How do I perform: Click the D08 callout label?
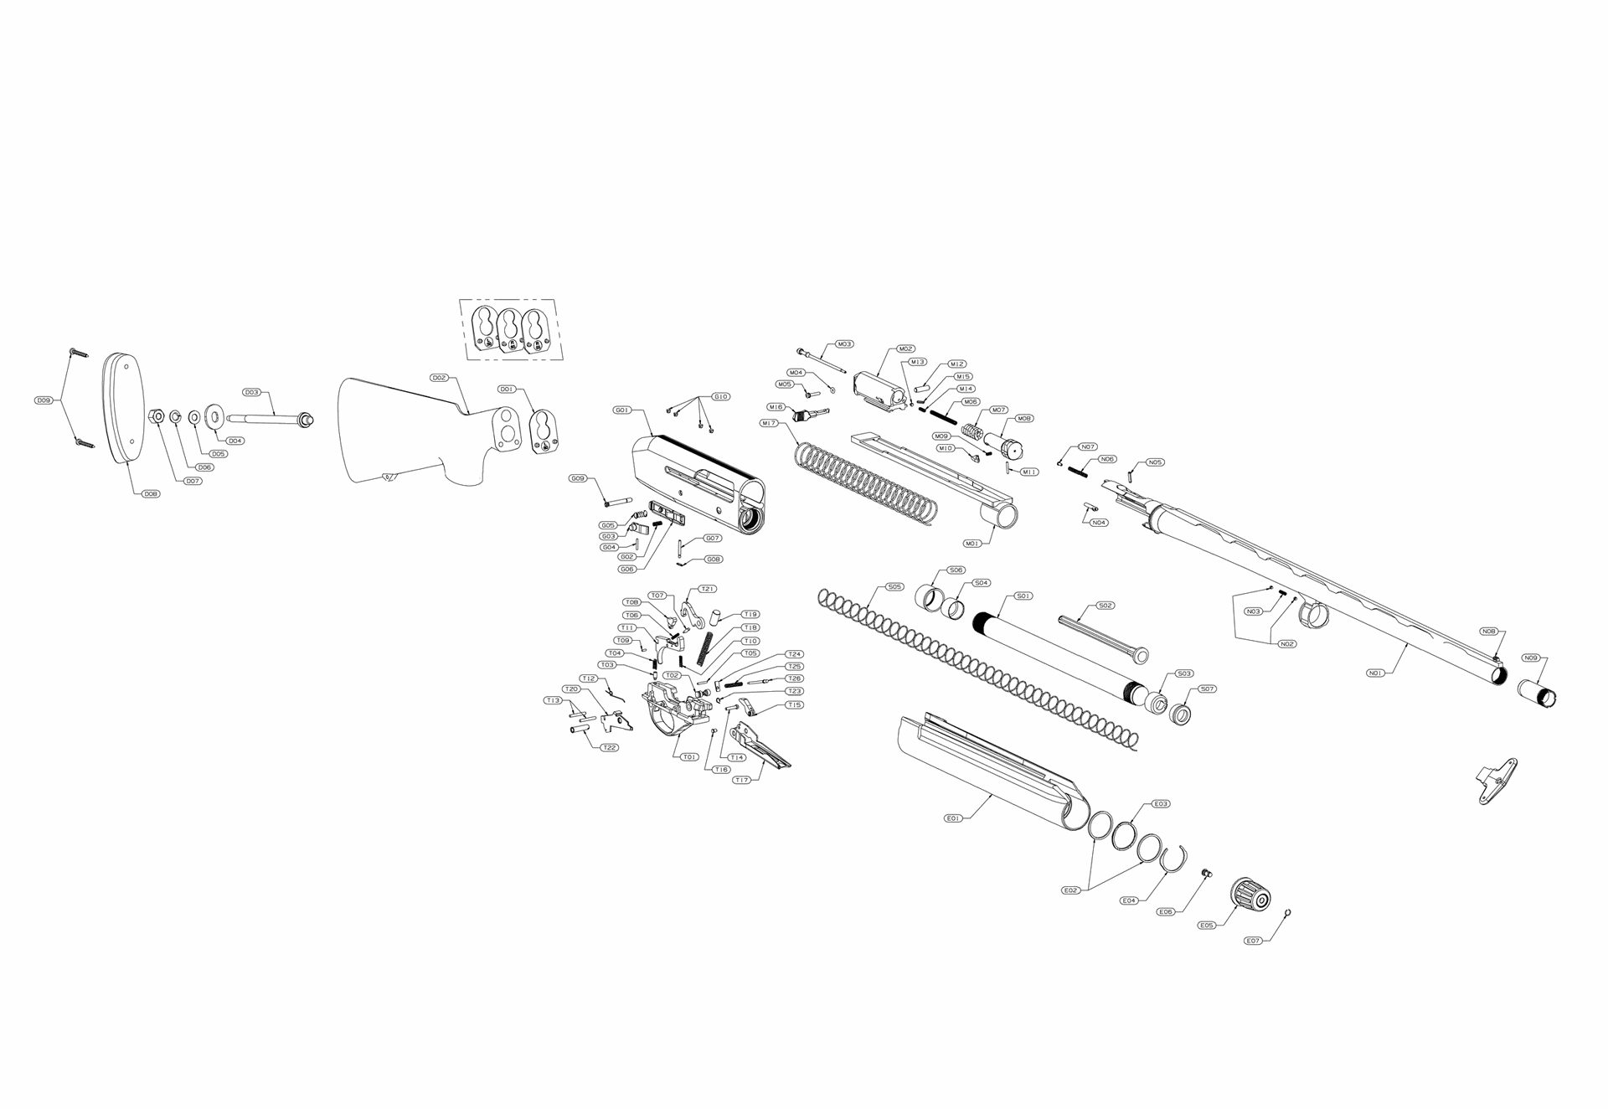click(151, 493)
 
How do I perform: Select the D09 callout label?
click(44, 400)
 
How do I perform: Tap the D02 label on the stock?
click(440, 378)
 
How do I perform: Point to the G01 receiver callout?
click(622, 410)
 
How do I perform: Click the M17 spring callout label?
click(768, 423)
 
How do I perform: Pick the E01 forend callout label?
click(952, 818)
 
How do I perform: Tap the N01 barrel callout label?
click(1375, 672)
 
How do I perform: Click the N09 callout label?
click(1531, 658)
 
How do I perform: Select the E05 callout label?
click(1207, 926)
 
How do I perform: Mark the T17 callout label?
click(741, 780)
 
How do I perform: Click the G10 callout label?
click(721, 396)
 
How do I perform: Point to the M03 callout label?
click(844, 344)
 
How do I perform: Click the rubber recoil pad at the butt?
click(122, 407)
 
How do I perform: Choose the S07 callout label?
click(1207, 689)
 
